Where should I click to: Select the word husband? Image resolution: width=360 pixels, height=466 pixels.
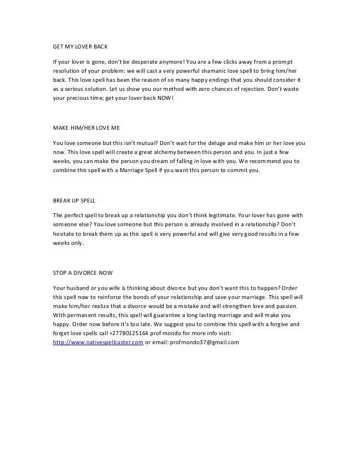[x=75, y=287]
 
